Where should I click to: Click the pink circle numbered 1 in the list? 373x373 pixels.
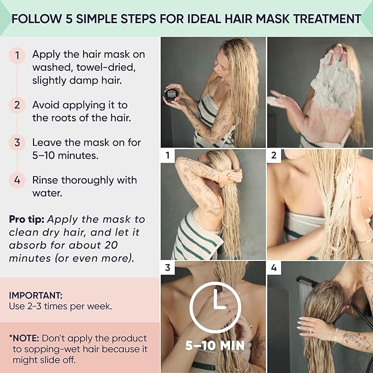pos(17,55)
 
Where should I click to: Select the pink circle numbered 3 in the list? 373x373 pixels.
pos(17,142)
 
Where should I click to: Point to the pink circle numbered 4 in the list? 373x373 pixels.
pos(17,180)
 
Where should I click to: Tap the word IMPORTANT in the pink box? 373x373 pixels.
pos(32,294)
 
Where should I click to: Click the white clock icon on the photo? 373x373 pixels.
pos(213,308)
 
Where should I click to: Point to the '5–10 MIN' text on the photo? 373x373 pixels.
pos(214,346)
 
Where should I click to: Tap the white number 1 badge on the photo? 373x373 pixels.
pos(168,156)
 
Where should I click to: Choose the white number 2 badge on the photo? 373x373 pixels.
pos(274,156)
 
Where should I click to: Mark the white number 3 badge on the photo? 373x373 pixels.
pos(168,268)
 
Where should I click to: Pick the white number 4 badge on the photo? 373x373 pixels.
pos(274,268)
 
